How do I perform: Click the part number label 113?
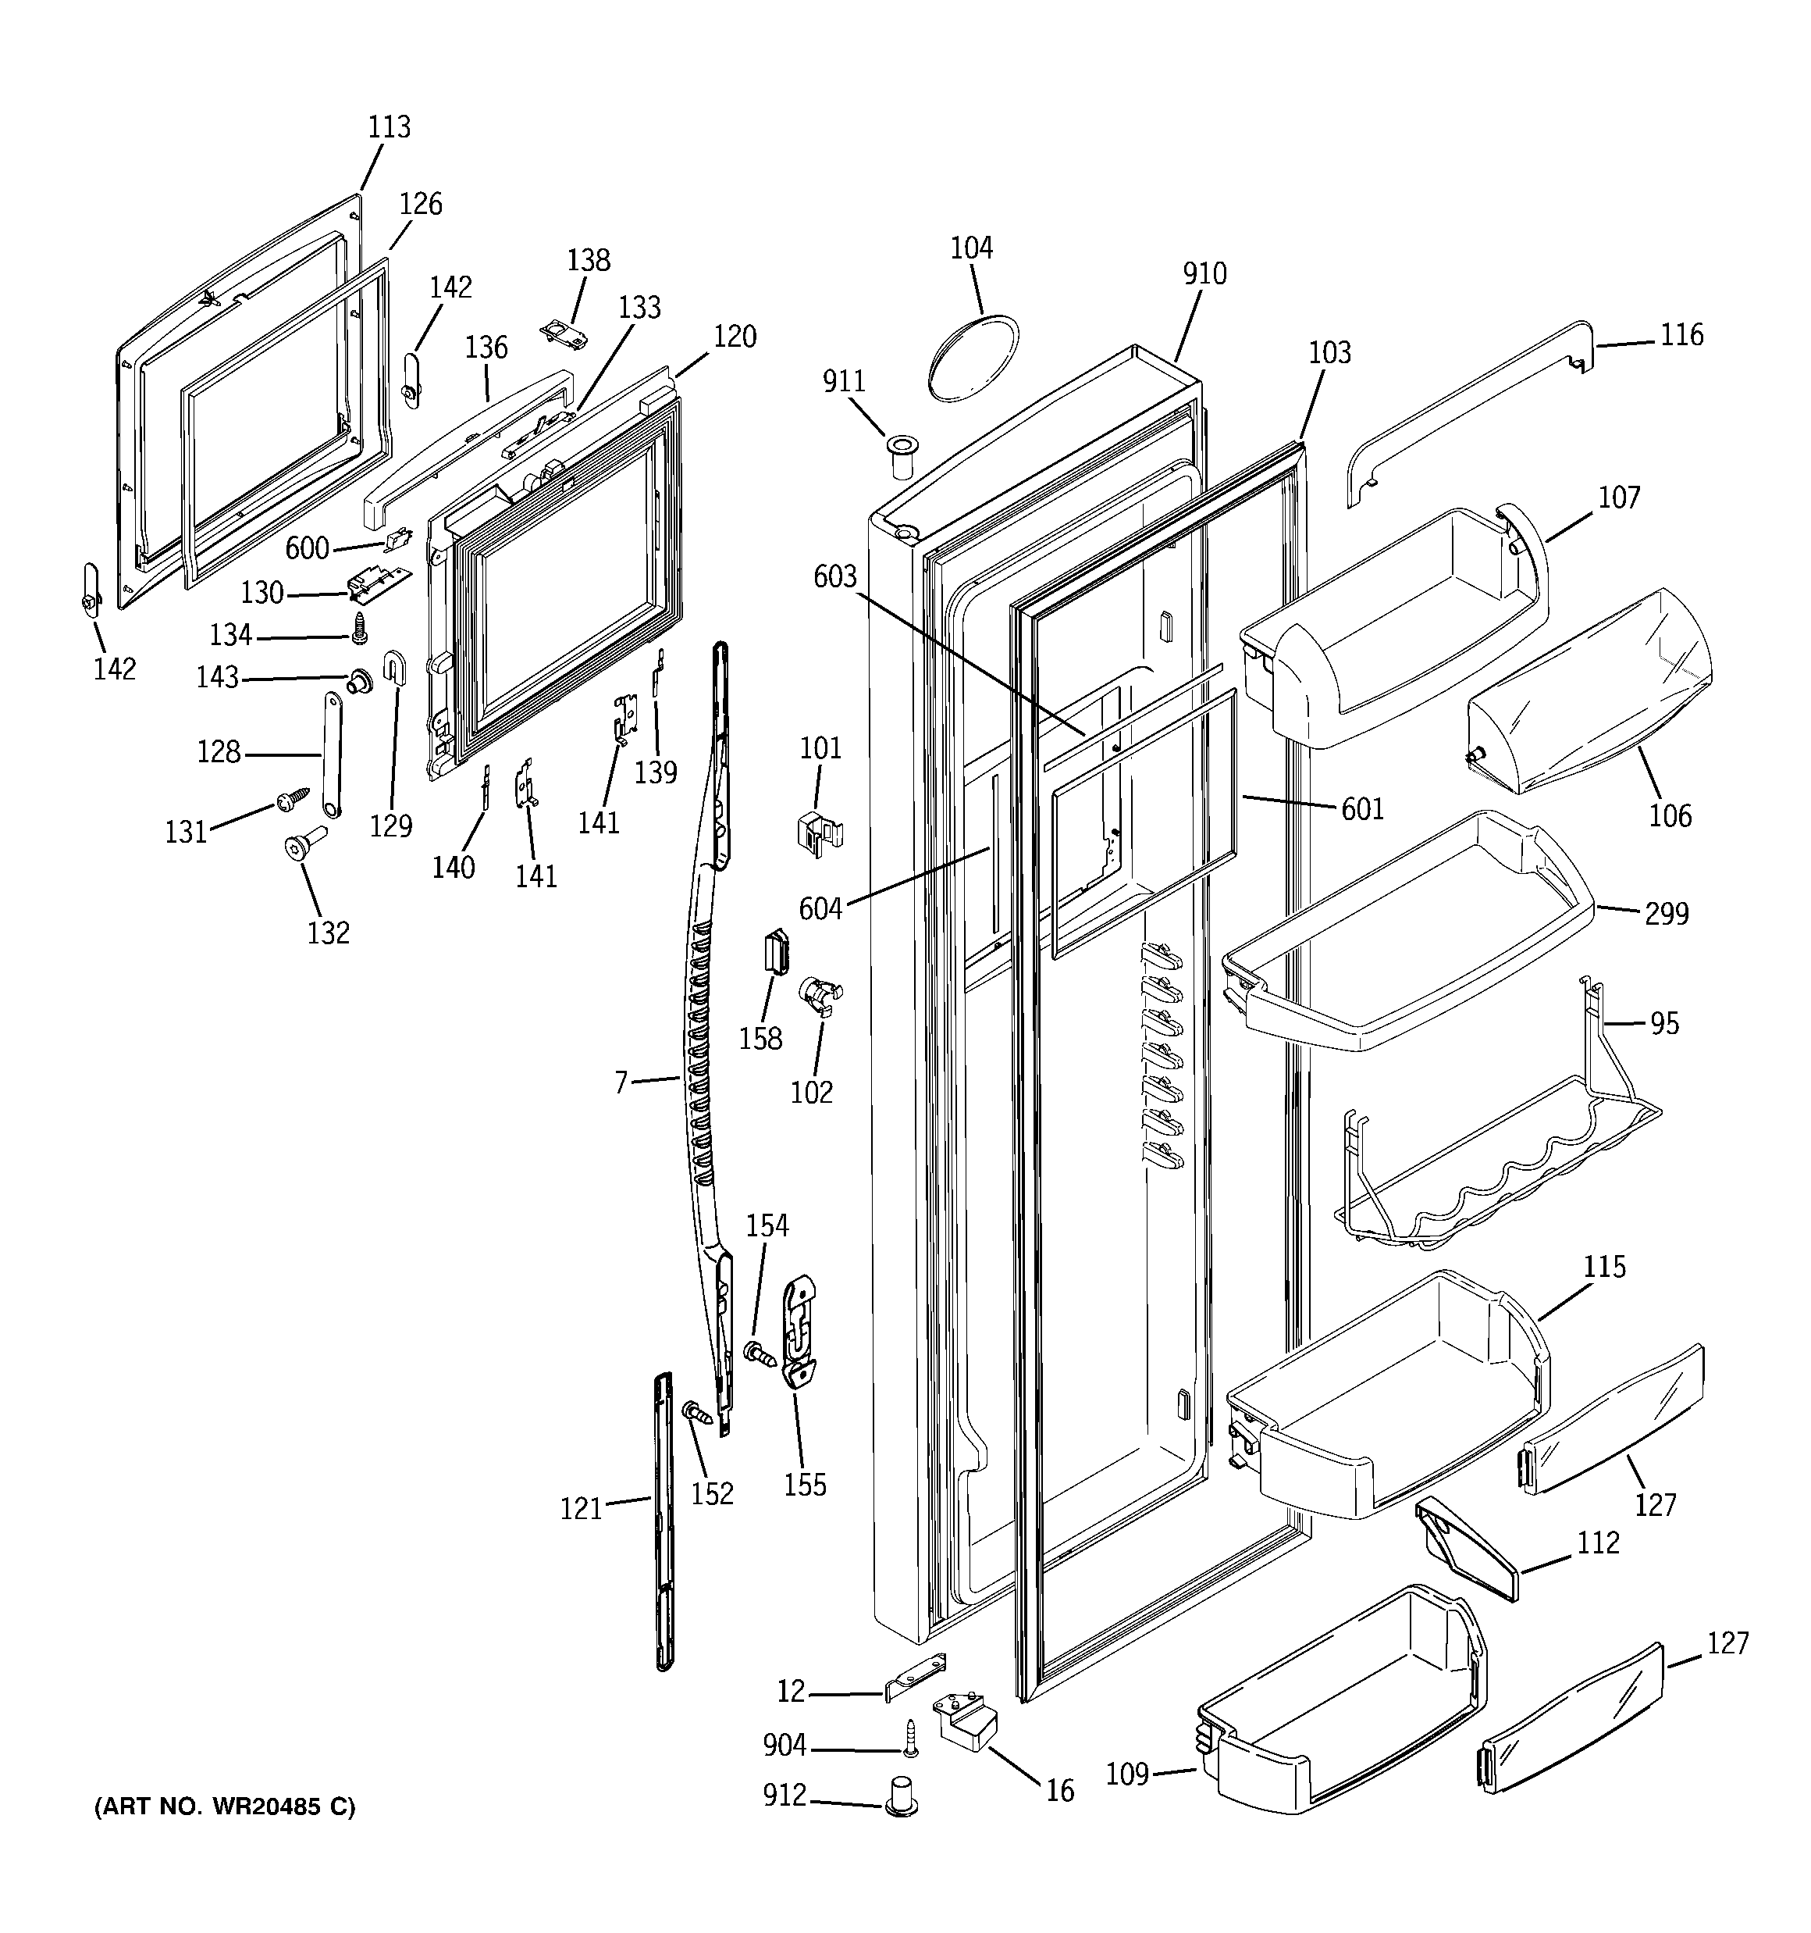pyautogui.click(x=389, y=127)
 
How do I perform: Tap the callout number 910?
pyautogui.click(x=1204, y=274)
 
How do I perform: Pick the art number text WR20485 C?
pyautogui.click(x=225, y=1806)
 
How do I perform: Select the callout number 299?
pyautogui.click(x=1666, y=914)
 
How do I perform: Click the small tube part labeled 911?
pyautogui.click(x=901, y=457)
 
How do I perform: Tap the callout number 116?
pyautogui.click(x=1681, y=336)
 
